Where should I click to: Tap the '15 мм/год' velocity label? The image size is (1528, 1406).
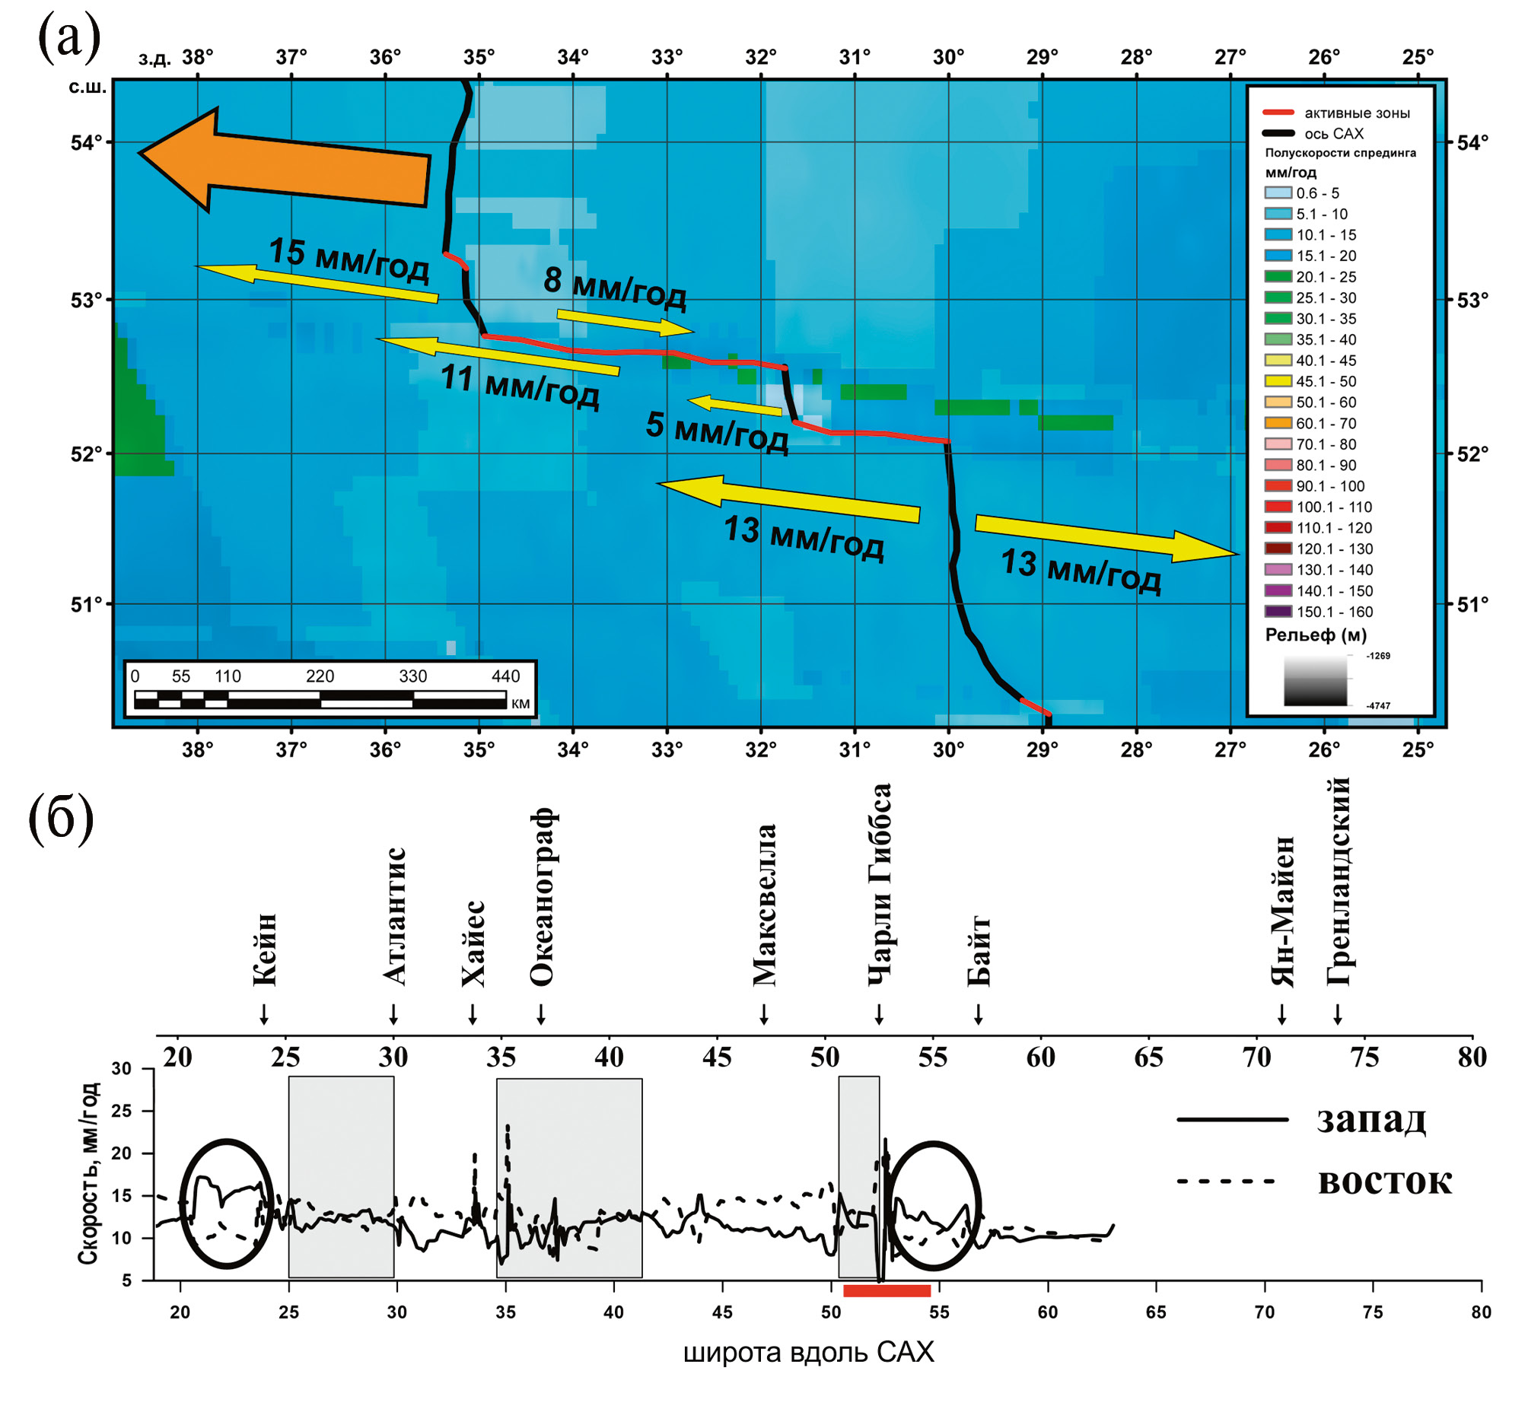tap(349, 259)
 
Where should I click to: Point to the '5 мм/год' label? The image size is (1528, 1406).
tap(716, 431)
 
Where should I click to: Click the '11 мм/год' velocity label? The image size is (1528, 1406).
tap(520, 386)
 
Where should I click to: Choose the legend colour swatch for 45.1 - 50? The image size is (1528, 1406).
tap(1278, 381)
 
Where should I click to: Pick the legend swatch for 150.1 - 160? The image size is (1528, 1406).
tap(1278, 611)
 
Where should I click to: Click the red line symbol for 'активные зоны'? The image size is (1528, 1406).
tap(1278, 113)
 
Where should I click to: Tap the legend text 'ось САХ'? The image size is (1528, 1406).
tap(1334, 134)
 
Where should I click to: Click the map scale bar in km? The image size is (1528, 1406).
tap(320, 699)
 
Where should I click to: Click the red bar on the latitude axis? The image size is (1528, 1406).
tap(887, 1290)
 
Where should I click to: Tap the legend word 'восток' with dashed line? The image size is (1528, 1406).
tap(1384, 1181)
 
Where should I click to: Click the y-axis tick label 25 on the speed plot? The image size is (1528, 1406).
tap(121, 1111)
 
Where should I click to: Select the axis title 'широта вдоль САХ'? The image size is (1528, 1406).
tap(808, 1353)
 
